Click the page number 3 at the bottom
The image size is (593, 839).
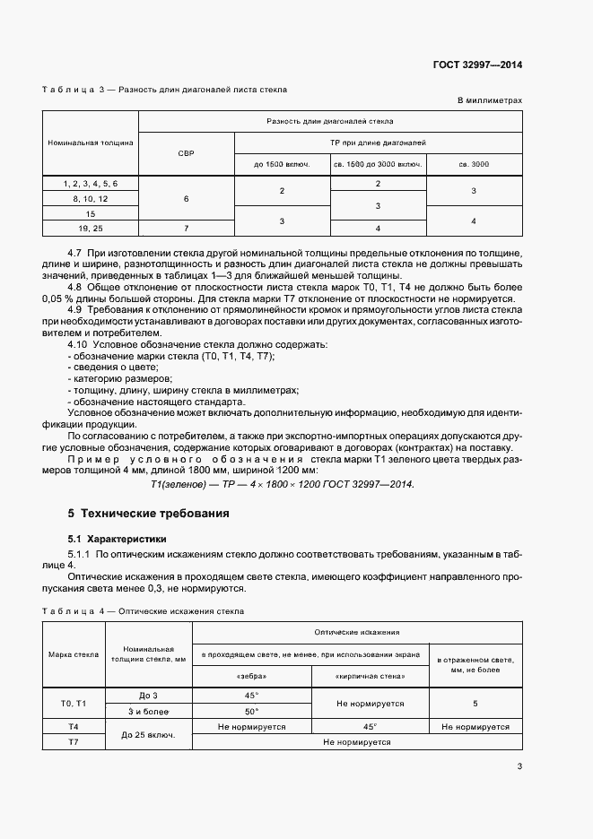click(519, 766)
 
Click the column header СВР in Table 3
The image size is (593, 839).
click(187, 153)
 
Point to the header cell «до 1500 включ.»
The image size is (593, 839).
click(282, 165)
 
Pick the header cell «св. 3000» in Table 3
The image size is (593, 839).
click(474, 165)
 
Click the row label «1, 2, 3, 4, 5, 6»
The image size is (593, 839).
click(91, 183)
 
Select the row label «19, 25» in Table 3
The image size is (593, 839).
click(91, 228)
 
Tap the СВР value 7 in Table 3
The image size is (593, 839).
click(187, 228)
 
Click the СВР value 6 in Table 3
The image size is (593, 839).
click(187, 198)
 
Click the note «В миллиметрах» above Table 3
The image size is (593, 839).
click(490, 100)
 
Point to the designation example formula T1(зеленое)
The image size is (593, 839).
click(283, 484)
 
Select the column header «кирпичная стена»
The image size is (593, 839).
click(371, 676)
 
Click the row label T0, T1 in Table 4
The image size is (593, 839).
click(74, 704)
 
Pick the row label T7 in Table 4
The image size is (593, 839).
click(74, 742)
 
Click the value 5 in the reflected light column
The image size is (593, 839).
click(475, 704)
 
